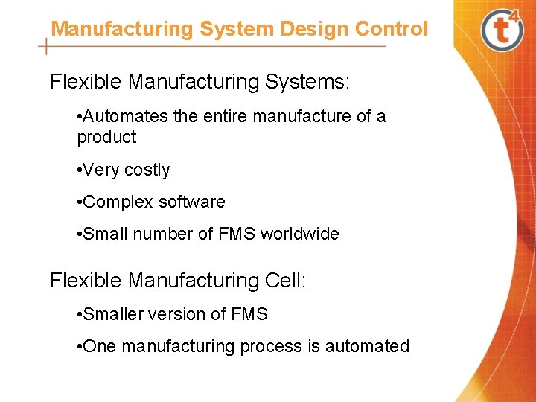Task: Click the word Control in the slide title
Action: [x=392, y=29]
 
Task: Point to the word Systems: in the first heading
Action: [x=306, y=81]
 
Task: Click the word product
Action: [x=106, y=138]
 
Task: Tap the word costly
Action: [x=147, y=170]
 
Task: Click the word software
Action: [x=192, y=202]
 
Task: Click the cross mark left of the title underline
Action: [x=47, y=46]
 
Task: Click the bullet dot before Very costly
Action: [x=80, y=170]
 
